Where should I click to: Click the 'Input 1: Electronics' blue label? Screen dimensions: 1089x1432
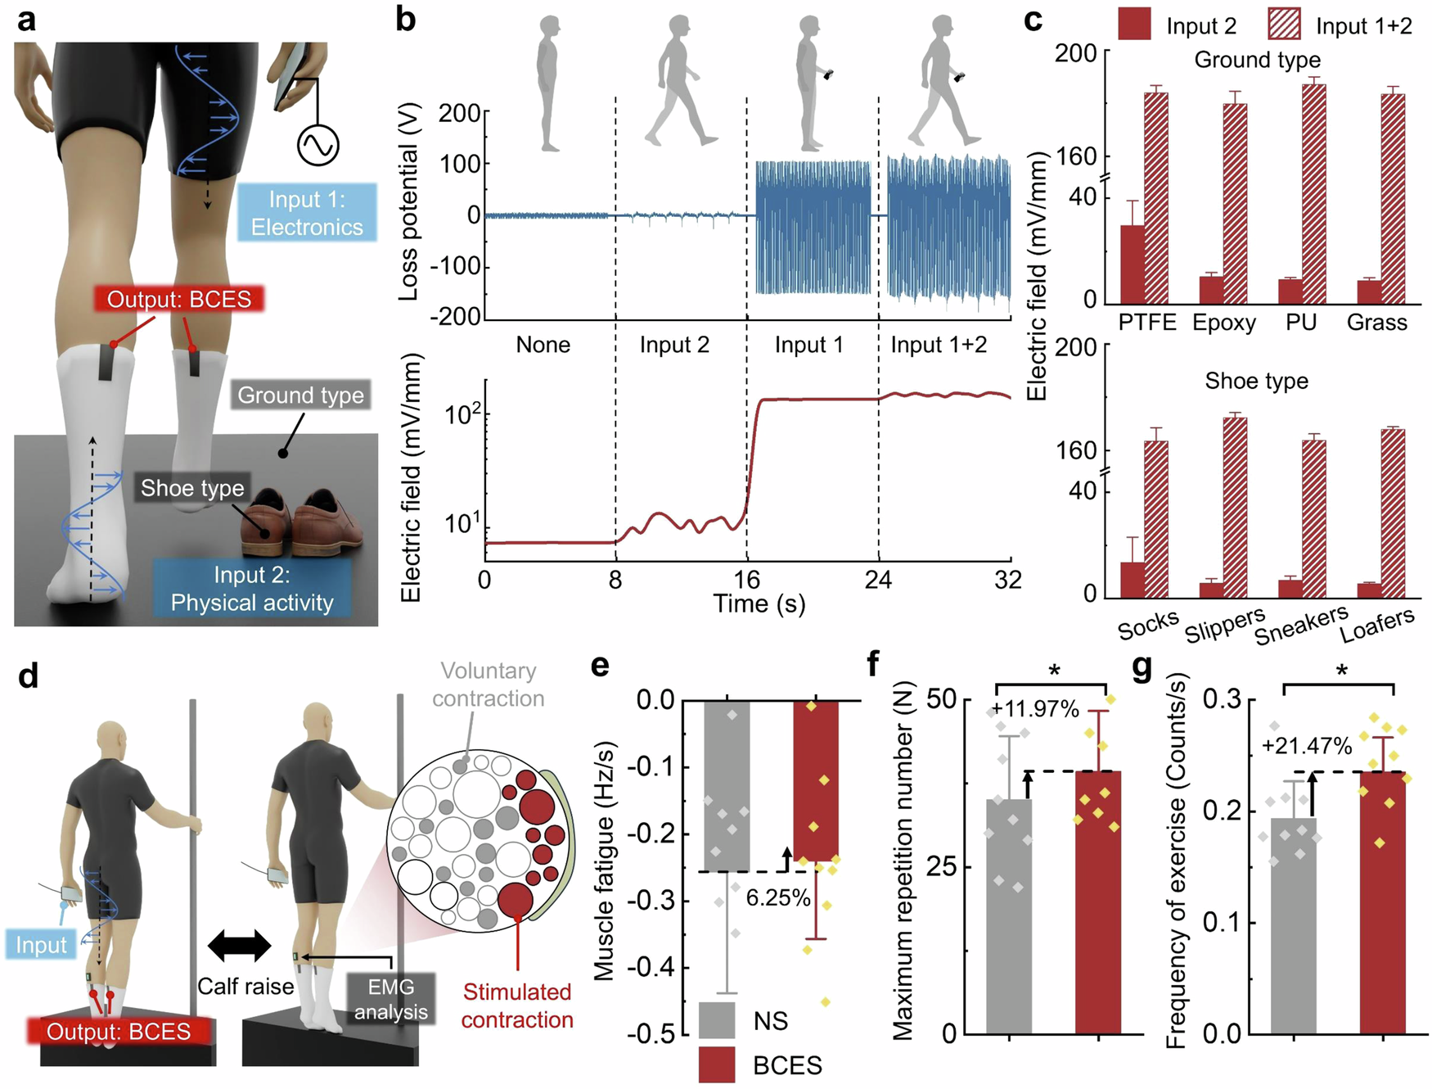307,212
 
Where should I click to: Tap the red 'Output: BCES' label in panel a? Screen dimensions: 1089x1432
179,299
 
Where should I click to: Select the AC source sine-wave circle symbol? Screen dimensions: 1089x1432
317,145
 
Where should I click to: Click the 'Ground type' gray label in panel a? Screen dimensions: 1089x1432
300,395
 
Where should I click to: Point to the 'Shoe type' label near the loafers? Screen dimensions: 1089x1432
192,488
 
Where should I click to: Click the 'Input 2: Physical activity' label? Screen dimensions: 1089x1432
252,589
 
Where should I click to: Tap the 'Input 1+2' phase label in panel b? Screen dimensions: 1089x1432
939,345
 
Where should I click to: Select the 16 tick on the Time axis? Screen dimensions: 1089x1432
746,580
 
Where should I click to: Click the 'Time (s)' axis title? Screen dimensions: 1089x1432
759,604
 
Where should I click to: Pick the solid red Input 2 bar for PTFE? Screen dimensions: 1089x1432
1132,264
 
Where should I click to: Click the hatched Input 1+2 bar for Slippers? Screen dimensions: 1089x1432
1235,508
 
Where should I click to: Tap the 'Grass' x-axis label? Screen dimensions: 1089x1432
1376,322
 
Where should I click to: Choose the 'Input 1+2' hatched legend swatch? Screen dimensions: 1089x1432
1284,25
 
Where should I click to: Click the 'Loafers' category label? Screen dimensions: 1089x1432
1377,625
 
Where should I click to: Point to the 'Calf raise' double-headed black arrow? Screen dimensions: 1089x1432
239,945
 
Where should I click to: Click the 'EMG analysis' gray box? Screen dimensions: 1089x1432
390,999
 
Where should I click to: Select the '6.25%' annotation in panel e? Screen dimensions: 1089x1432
777,897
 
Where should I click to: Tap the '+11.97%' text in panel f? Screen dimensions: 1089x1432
1035,709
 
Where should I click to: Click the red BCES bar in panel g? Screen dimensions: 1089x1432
1382,901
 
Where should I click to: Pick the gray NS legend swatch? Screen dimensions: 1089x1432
717,1020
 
